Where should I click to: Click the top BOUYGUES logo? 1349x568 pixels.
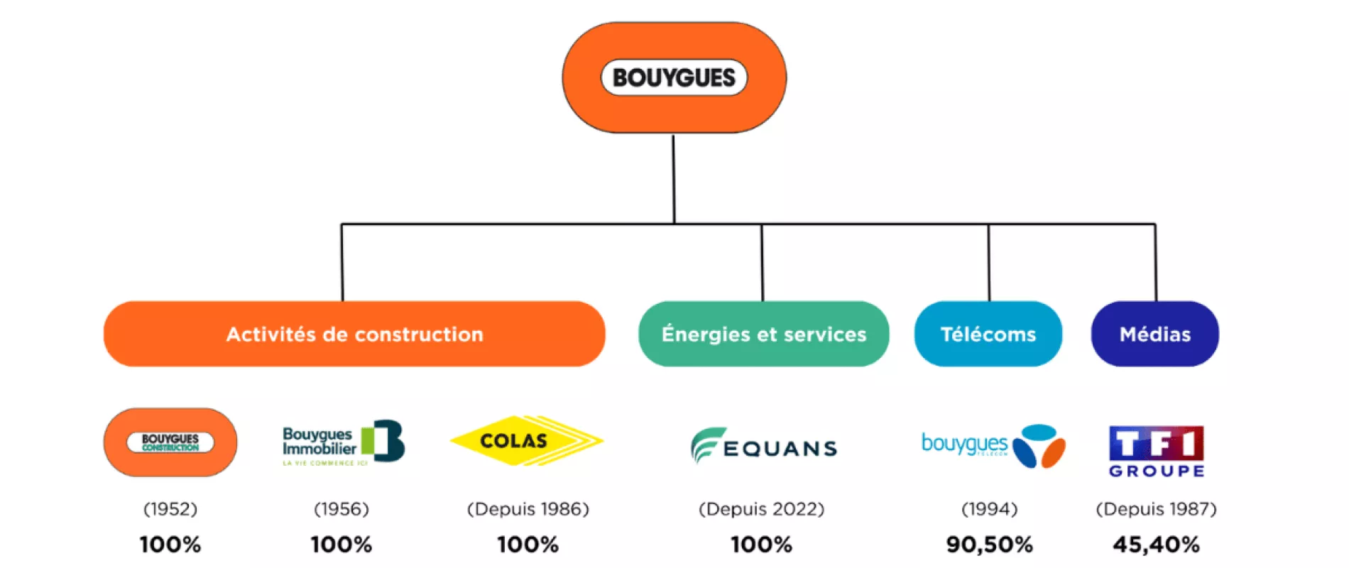click(x=674, y=77)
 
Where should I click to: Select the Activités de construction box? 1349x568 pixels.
click(x=354, y=334)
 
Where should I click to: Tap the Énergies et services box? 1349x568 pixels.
click(x=763, y=334)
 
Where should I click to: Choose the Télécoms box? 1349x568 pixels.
click(x=988, y=334)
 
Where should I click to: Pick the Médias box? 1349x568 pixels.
click(x=1154, y=334)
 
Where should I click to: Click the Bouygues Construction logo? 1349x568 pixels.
click(x=170, y=442)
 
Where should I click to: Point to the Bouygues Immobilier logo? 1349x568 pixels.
click(x=343, y=444)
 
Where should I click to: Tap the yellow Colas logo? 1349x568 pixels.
click(x=526, y=441)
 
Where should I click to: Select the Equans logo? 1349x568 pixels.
click(x=763, y=446)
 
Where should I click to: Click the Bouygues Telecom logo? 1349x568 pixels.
click(x=993, y=446)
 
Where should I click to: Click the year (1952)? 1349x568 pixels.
click(x=170, y=509)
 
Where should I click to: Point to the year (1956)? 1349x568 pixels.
click(x=342, y=509)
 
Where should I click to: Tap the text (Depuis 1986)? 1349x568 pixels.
click(x=528, y=509)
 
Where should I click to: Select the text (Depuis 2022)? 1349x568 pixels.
click(x=761, y=509)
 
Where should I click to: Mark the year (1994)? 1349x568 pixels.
click(x=989, y=509)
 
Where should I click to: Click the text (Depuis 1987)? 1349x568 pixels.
click(x=1156, y=509)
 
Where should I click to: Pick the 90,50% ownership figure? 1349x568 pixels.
click(x=989, y=545)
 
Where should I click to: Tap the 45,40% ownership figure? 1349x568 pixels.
click(x=1156, y=545)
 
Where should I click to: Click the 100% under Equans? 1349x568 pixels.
click(x=761, y=545)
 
